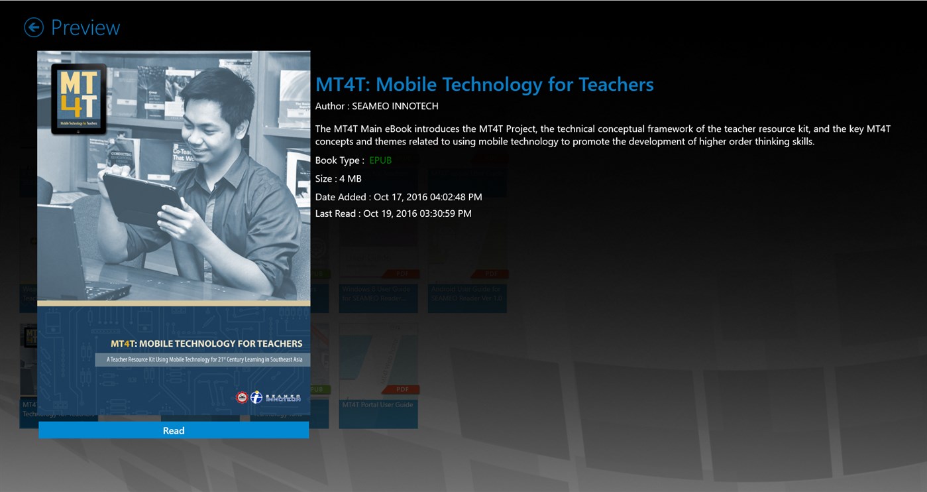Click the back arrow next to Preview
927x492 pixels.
tap(34, 27)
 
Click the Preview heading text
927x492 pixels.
tap(85, 28)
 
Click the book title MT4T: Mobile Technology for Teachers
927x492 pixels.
tap(484, 84)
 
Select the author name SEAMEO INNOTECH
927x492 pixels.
tap(395, 106)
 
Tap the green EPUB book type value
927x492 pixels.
tap(380, 160)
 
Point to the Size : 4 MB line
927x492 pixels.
tap(338, 178)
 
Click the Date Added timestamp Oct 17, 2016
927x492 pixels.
tap(427, 197)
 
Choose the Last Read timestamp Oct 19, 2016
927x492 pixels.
tap(417, 214)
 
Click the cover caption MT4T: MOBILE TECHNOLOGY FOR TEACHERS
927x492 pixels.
tap(206, 343)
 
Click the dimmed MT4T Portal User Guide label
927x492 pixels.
tap(377, 404)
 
